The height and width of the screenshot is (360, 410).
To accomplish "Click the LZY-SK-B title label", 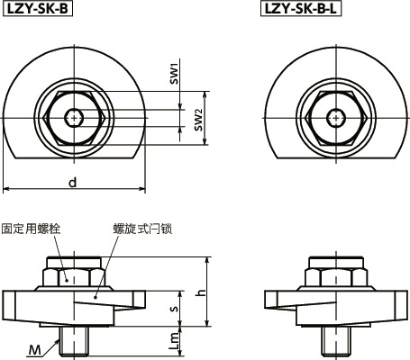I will point(38,10).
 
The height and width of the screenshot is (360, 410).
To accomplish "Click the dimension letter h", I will point(202,293).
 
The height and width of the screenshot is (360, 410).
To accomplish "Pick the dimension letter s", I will point(177,310).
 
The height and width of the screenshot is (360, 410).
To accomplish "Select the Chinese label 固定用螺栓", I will point(32,229).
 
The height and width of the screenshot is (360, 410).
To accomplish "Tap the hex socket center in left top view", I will point(73,116).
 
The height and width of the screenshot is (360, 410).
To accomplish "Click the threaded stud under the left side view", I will point(73,340).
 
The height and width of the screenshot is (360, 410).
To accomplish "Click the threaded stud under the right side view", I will point(337,340).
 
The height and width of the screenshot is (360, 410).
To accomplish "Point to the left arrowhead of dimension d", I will point(6,190).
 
